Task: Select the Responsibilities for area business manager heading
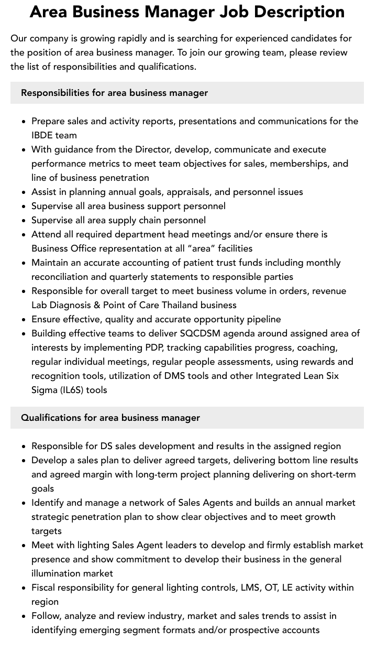click(114, 93)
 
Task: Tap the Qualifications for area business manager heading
click(110, 418)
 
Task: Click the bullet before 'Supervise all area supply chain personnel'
click(24, 221)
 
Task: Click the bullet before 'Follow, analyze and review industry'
click(24, 616)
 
